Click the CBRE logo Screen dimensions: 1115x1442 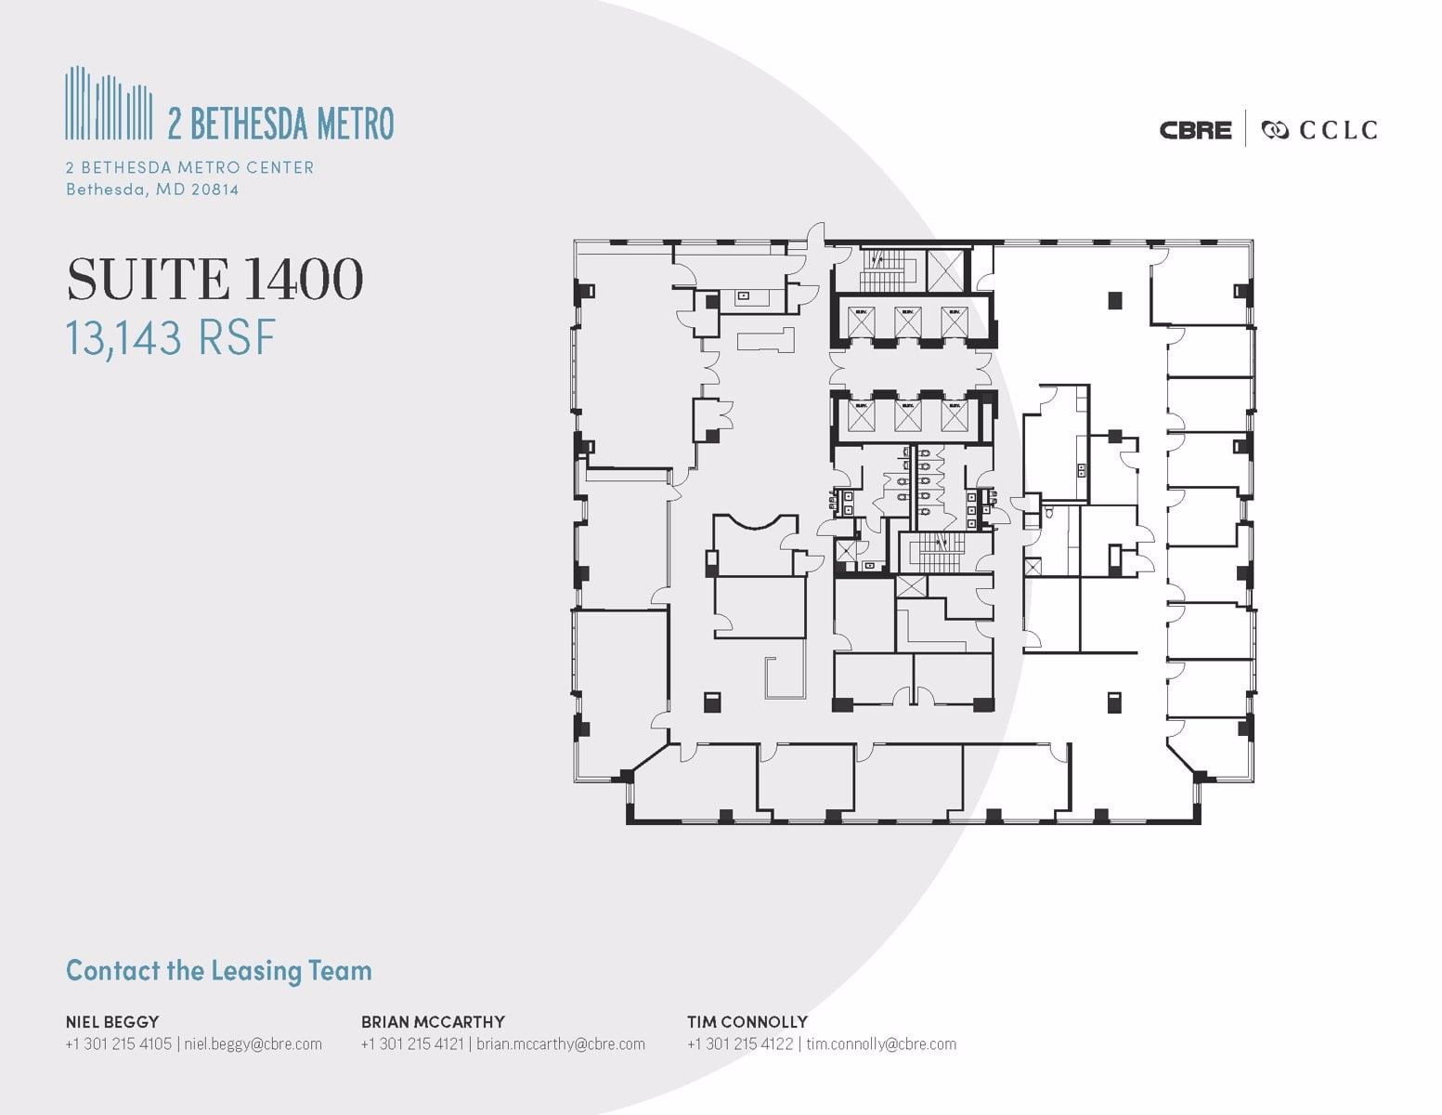[1195, 130]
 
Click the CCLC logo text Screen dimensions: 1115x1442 [1337, 130]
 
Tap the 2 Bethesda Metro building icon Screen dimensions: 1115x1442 [109, 103]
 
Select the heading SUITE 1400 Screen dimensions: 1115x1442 [214, 279]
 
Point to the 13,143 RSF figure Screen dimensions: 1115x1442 [171, 337]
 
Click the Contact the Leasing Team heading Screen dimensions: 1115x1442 [219, 971]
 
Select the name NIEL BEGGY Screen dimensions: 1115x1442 [112, 1021]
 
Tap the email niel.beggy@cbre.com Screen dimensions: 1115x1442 [253, 1043]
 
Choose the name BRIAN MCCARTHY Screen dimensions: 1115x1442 [433, 1021]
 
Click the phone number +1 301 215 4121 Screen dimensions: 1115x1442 [412, 1043]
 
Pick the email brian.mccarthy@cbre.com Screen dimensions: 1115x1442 [561, 1043]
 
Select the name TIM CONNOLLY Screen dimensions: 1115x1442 [747, 1021]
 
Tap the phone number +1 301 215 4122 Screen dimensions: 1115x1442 [740, 1043]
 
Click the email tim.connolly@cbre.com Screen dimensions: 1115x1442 [881, 1043]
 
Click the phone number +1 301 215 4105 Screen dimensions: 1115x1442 [118, 1043]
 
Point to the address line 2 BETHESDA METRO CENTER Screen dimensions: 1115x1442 [189, 167]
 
